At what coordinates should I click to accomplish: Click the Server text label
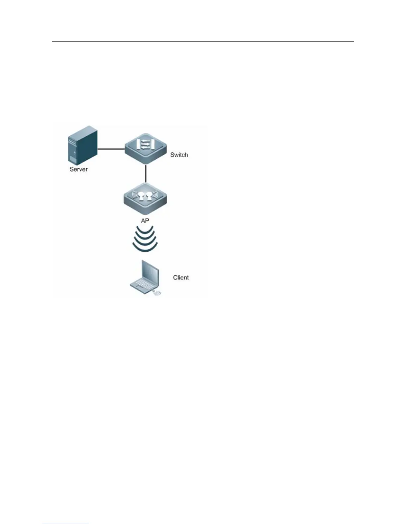pyautogui.click(x=79, y=169)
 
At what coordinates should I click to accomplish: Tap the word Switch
pyautogui.click(x=179, y=155)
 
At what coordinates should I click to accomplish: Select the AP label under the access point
pyautogui.click(x=145, y=220)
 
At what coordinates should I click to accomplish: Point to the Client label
pyautogui.click(x=181, y=277)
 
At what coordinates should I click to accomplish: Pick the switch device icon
pyautogui.click(x=145, y=151)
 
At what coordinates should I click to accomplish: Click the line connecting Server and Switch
pyautogui.click(x=111, y=149)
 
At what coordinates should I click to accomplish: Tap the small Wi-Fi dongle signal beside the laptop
pyautogui.click(x=157, y=293)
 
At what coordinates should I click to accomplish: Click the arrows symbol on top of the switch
pyautogui.click(x=145, y=145)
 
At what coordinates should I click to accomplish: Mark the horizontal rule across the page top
pyautogui.click(x=203, y=42)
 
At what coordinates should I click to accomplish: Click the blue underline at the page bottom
pyautogui.click(x=66, y=523)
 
